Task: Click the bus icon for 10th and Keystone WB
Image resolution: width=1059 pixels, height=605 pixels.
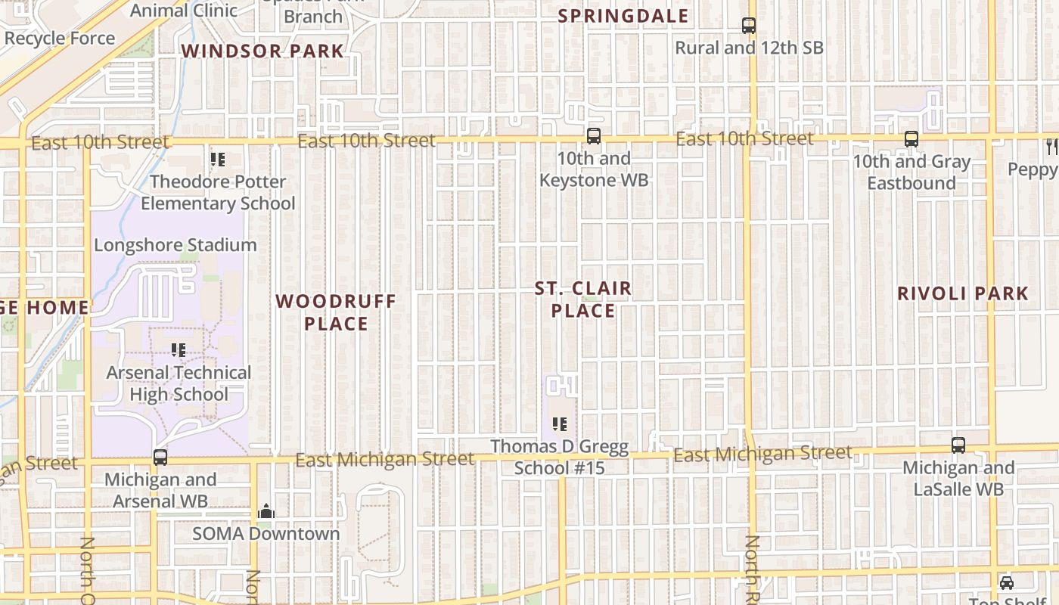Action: (x=594, y=136)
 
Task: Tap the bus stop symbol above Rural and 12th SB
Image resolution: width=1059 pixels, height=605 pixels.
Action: (x=749, y=26)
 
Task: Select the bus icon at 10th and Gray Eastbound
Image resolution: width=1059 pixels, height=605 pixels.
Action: (x=911, y=139)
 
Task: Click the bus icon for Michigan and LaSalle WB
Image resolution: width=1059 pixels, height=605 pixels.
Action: (x=958, y=445)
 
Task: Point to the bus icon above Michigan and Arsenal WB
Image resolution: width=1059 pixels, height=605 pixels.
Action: (x=160, y=458)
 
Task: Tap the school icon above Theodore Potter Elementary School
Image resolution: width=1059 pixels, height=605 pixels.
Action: (x=218, y=160)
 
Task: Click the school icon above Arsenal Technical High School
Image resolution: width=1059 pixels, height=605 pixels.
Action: (x=179, y=350)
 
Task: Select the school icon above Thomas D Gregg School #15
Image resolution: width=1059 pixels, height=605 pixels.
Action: (x=560, y=424)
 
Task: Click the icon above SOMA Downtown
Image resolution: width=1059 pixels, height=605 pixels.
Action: (x=266, y=512)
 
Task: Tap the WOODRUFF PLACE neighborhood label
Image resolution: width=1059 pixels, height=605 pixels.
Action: (x=336, y=312)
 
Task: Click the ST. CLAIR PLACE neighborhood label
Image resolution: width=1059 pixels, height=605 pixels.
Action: (x=583, y=299)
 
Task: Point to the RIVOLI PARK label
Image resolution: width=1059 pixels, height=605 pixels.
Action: (x=963, y=293)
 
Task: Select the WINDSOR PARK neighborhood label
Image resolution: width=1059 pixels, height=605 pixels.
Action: (x=262, y=51)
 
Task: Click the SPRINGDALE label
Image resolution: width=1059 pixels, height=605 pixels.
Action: (x=623, y=16)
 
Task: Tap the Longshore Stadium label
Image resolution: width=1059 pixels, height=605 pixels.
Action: (x=175, y=245)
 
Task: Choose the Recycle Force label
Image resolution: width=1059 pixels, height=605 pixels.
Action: (x=60, y=39)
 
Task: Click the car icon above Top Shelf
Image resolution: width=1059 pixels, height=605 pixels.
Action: (x=1007, y=583)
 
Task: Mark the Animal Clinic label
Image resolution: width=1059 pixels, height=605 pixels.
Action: (x=184, y=11)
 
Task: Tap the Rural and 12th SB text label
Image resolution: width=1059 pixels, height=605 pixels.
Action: (x=749, y=48)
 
